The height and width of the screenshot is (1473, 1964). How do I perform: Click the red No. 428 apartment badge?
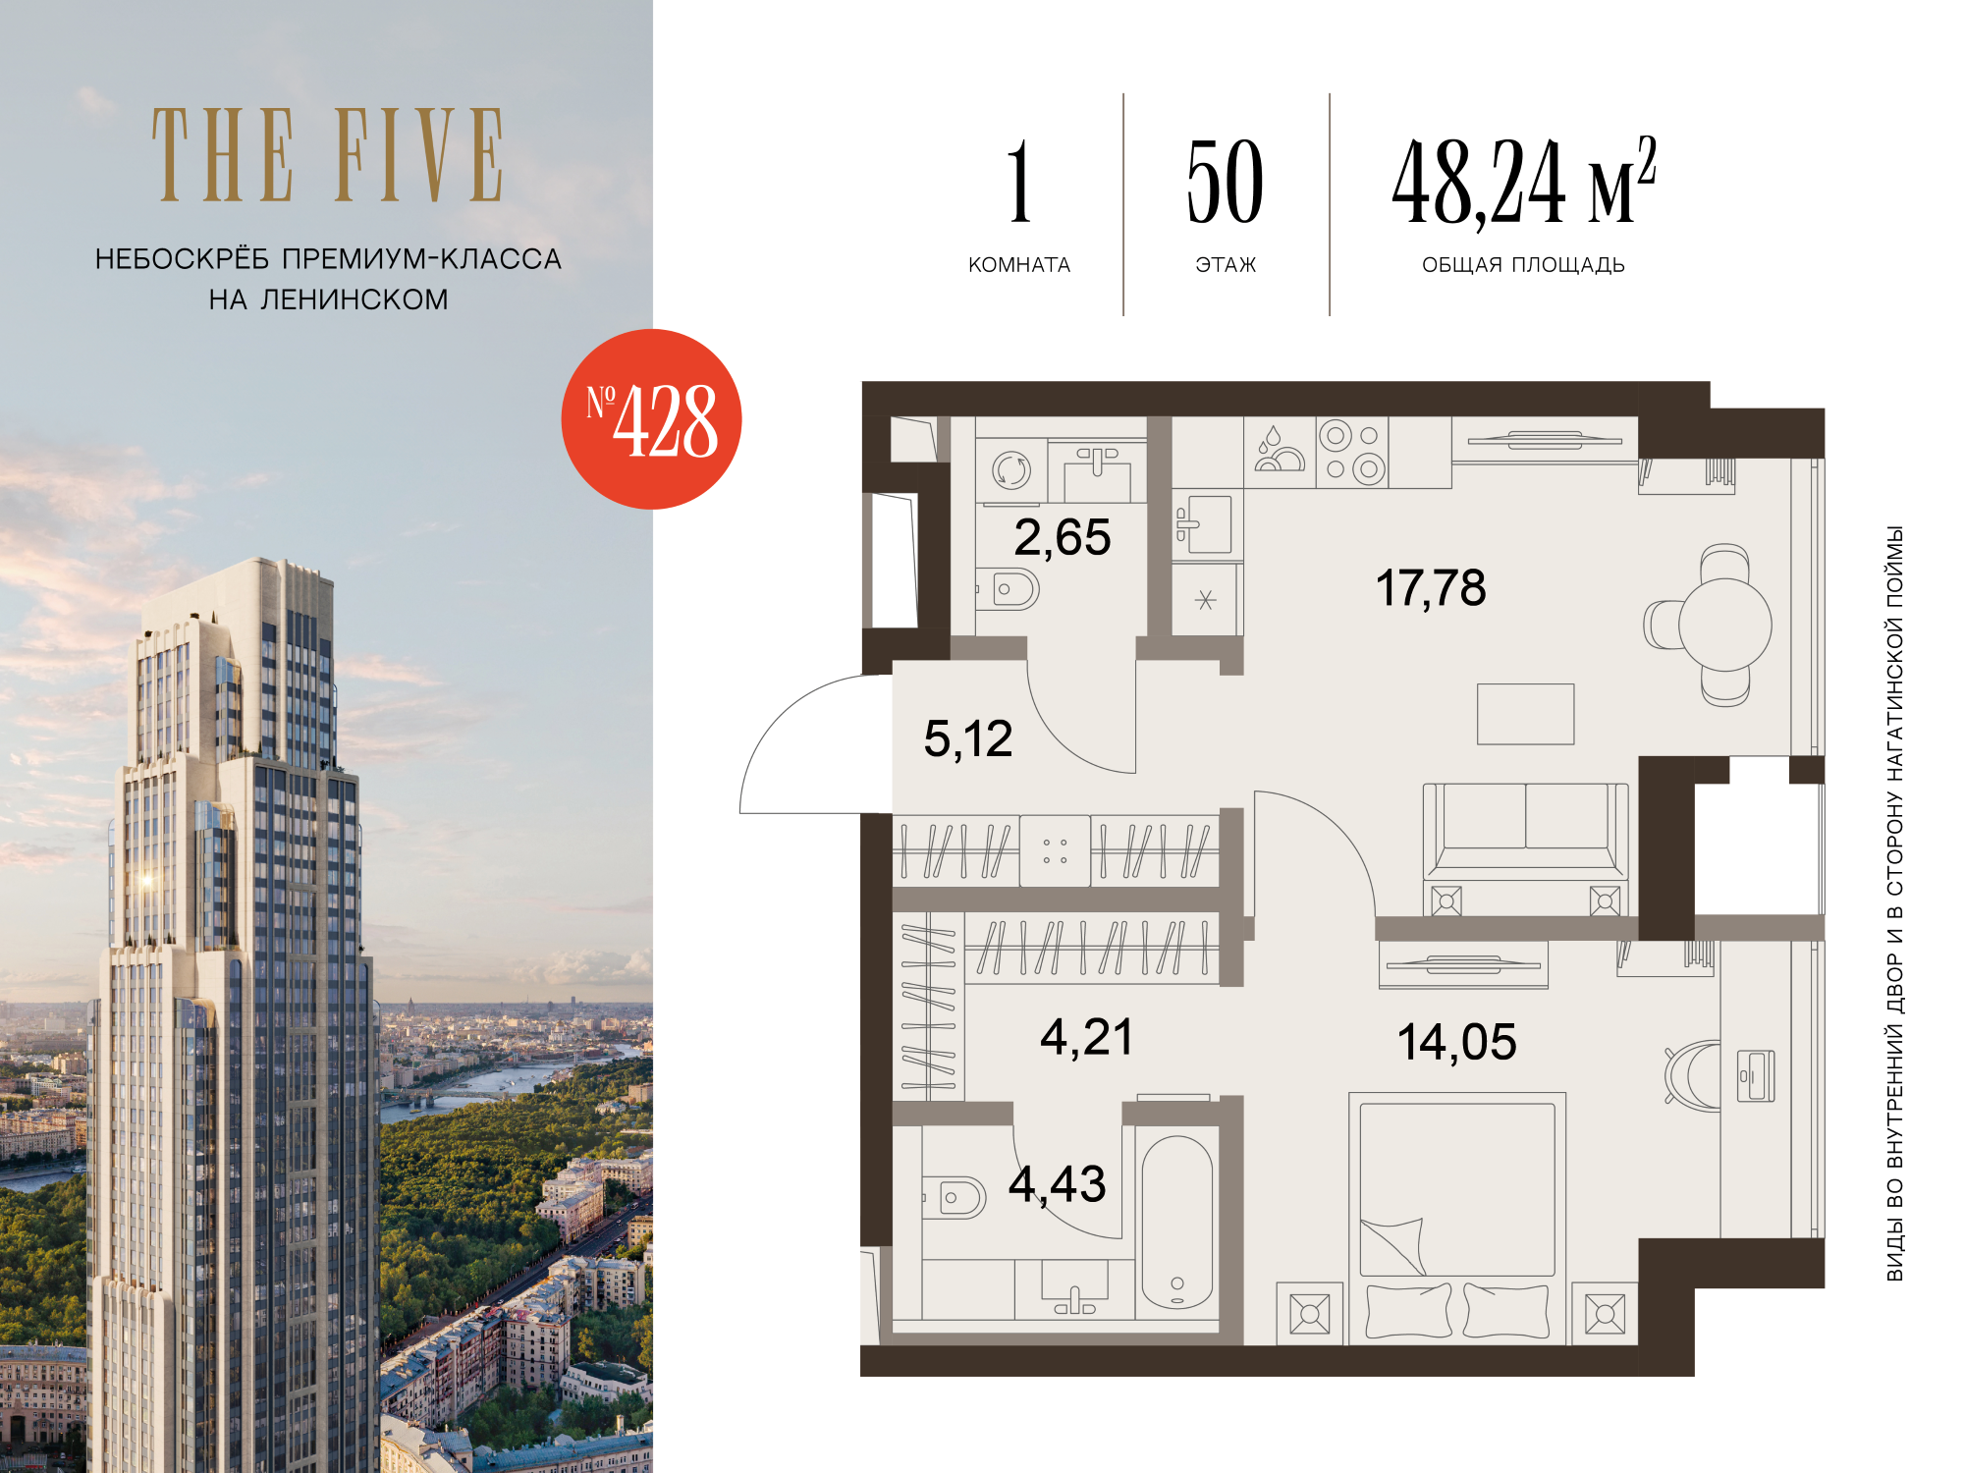point(651,419)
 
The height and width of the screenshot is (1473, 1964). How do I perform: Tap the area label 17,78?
point(1430,588)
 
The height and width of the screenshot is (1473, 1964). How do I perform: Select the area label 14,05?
point(1456,1042)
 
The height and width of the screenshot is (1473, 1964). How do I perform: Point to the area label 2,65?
point(1062,538)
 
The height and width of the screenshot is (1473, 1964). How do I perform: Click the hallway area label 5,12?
point(967,739)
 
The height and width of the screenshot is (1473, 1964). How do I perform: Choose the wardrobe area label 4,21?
point(1086,1038)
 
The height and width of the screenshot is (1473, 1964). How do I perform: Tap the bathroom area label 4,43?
point(1057,1184)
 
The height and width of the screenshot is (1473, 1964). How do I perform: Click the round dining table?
point(1724,626)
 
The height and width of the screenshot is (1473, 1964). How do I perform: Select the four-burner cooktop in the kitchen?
point(1352,452)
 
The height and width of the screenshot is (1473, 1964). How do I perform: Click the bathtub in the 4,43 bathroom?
point(1176,1223)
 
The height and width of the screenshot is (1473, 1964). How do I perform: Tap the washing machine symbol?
point(1010,470)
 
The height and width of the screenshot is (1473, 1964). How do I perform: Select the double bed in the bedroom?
point(1457,1219)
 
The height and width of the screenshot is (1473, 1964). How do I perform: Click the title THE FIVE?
point(328,155)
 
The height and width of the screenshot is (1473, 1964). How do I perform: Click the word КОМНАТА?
point(1019,265)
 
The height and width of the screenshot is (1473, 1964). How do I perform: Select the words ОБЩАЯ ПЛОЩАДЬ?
point(1523,265)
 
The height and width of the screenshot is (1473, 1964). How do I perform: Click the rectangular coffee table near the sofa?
point(1525,714)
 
